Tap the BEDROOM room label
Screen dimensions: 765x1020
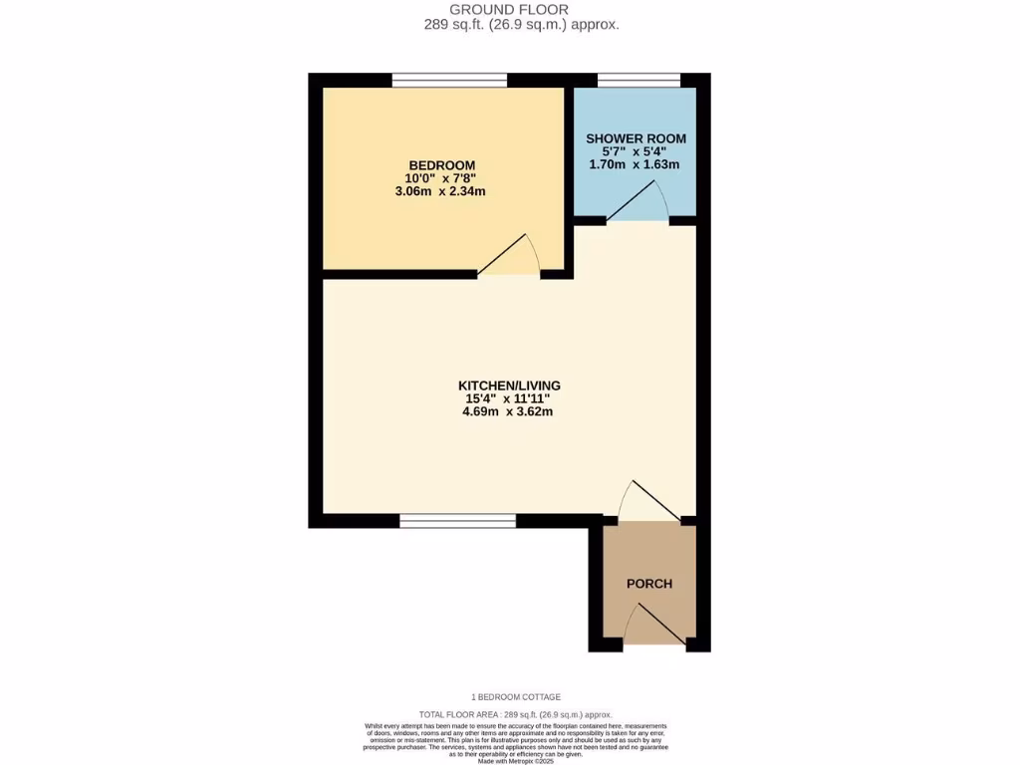coord(441,165)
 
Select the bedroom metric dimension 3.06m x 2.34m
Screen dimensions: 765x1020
coord(440,191)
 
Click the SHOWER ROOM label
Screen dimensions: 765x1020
coord(636,138)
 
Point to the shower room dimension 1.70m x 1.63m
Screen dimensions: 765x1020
coord(636,164)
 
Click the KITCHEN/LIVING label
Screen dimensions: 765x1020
coord(509,385)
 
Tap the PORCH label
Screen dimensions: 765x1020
coord(648,584)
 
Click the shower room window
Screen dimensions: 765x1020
coord(638,80)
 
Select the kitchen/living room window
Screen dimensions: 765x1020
coord(457,520)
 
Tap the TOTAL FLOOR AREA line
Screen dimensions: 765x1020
coord(515,715)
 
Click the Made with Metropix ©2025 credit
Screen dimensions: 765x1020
coord(516,762)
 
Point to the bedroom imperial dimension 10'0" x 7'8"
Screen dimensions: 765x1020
coord(440,178)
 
